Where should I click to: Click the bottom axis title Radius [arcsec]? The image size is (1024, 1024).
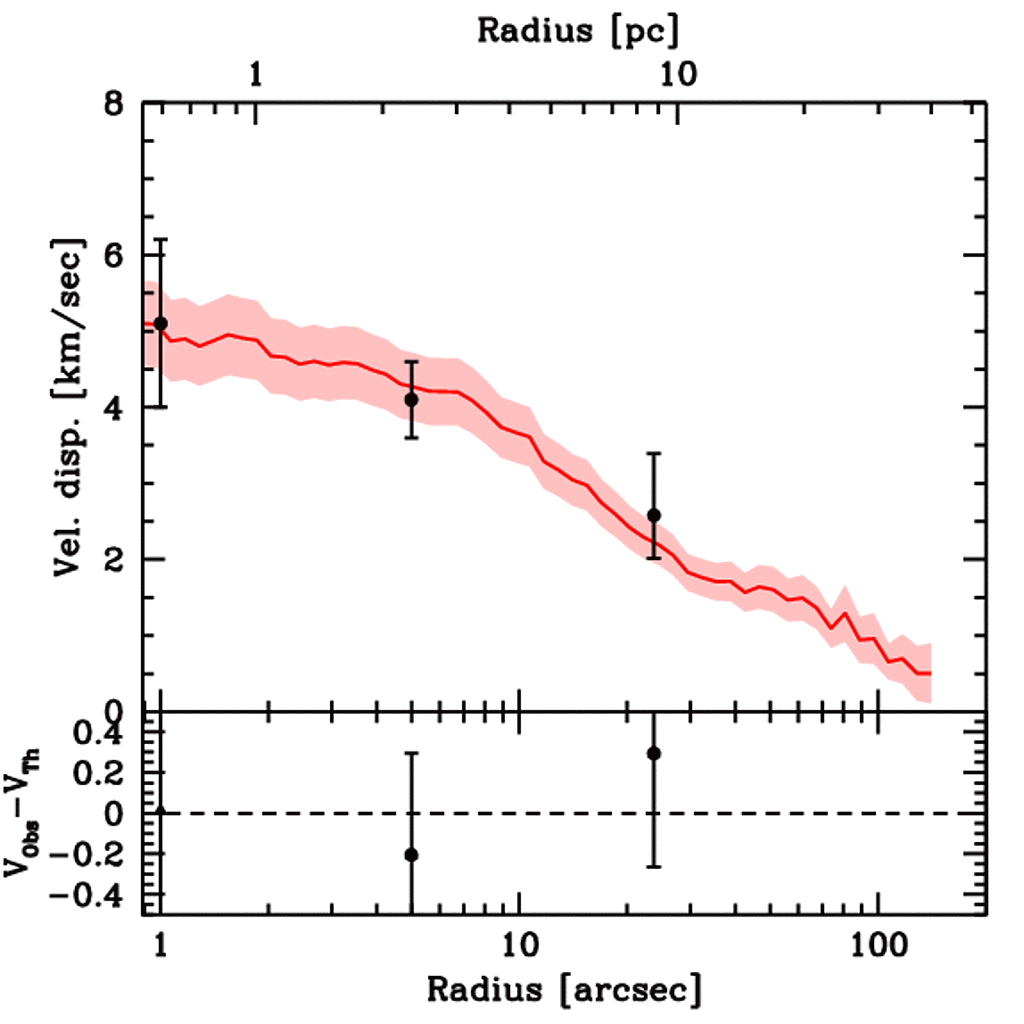[x=564, y=990]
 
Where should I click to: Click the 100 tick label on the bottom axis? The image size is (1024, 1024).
[x=877, y=945]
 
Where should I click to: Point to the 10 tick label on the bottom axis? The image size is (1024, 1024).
[x=518, y=945]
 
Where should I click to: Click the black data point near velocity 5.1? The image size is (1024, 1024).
[x=160, y=323]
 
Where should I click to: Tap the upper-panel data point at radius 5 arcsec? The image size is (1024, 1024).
[x=410, y=399]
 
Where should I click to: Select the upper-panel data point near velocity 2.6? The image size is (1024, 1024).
[x=654, y=515]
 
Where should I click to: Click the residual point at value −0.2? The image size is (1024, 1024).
[x=410, y=854]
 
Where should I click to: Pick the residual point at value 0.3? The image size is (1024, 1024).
[x=654, y=753]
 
